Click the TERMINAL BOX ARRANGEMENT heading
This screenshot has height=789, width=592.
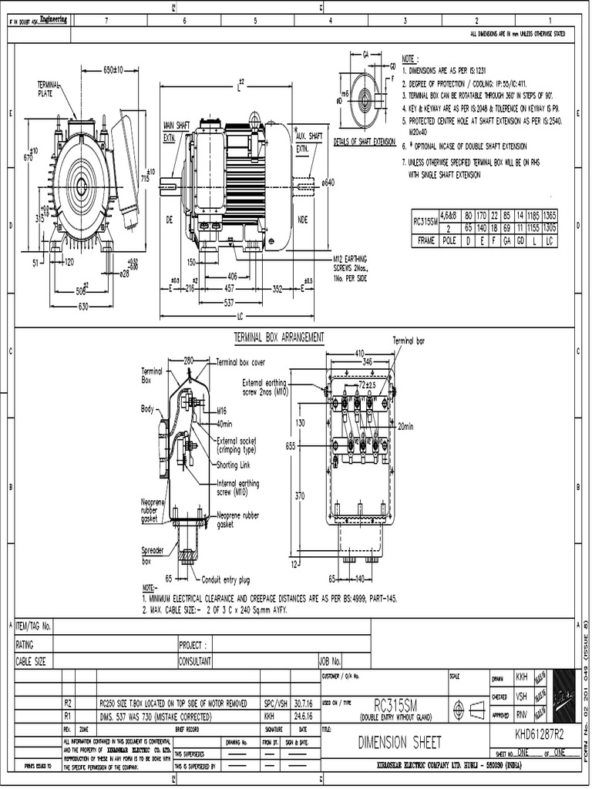(278, 337)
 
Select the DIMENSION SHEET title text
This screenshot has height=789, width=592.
(400, 742)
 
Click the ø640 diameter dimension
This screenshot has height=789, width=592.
(328, 183)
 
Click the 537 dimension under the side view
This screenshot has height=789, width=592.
(228, 303)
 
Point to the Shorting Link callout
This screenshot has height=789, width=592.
(237, 465)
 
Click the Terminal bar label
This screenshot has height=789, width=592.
(409, 340)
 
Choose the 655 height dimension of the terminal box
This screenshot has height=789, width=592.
(291, 445)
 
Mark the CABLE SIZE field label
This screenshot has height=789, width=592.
(31, 661)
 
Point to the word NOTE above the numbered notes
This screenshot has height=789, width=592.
(409, 59)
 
